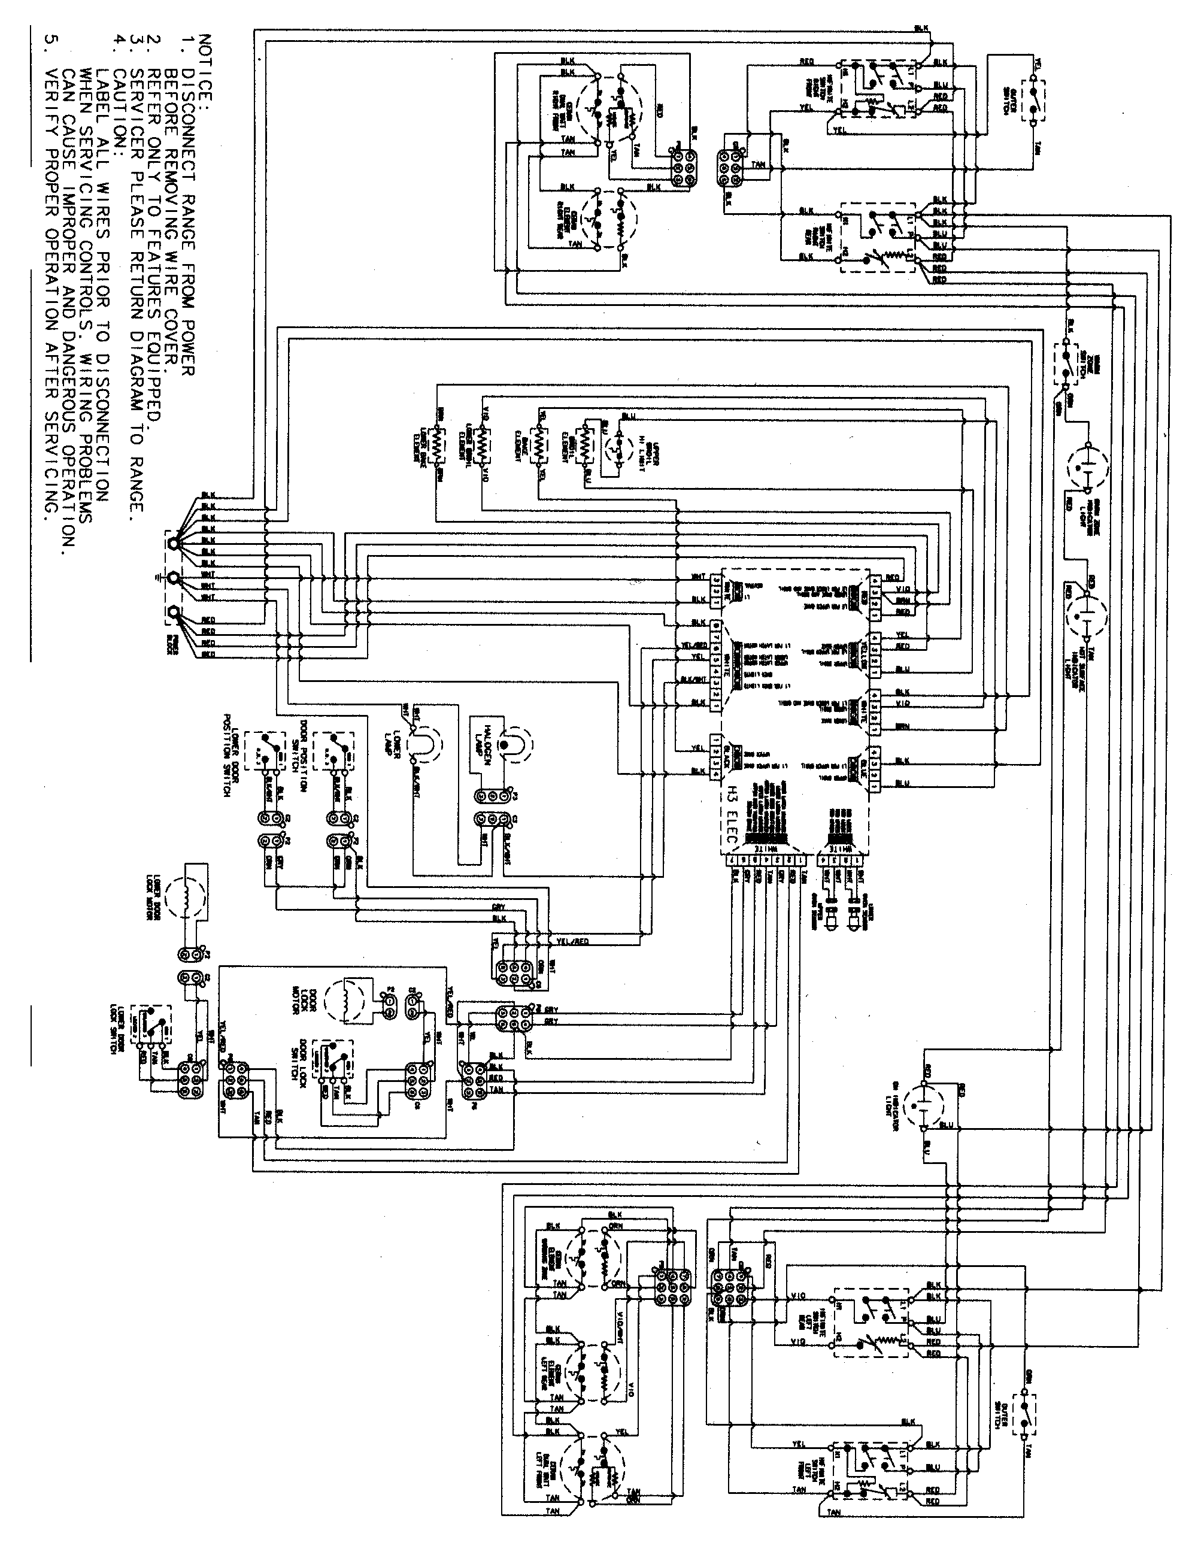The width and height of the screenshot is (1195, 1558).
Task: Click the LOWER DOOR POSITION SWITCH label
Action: pyautogui.click(x=226, y=754)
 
